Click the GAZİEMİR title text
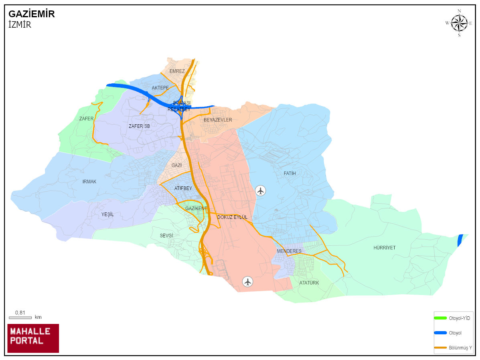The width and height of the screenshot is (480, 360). coord(32,14)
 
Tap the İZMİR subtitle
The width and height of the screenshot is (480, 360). coord(20,24)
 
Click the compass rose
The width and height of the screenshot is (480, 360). coord(459,23)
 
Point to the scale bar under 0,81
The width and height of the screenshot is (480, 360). coord(20,318)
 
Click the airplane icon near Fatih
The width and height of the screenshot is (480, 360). coord(261,190)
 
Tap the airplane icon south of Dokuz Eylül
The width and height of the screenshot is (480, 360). coord(248,281)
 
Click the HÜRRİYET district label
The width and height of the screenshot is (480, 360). coord(384,248)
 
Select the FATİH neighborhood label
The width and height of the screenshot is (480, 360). coord(290,174)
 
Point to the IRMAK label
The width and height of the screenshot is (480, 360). coord(89,182)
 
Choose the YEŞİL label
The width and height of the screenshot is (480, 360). coord(107,214)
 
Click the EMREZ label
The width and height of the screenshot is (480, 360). coord(177,71)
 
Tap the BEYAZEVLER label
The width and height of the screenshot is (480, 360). coord(218,120)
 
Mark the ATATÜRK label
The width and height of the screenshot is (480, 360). coord(309,283)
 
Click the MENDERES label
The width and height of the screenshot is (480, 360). coord(289,251)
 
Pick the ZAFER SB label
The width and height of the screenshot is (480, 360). coord(139,126)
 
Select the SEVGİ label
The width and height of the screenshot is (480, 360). coord(166,236)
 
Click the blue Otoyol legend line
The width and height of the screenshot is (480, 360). coord(440,333)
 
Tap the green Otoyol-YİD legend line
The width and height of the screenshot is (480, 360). coord(440,318)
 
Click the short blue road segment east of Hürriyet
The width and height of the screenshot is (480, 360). coord(460,240)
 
